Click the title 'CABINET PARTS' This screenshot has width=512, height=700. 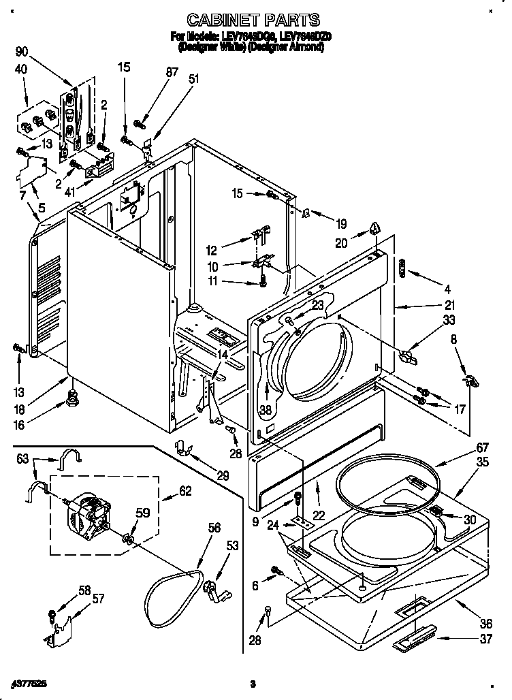(253, 21)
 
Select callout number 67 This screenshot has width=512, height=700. (464, 447)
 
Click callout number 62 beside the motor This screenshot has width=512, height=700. (185, 490)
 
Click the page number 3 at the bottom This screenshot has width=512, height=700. (252, 683)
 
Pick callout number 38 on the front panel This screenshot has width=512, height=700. (265, 411)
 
